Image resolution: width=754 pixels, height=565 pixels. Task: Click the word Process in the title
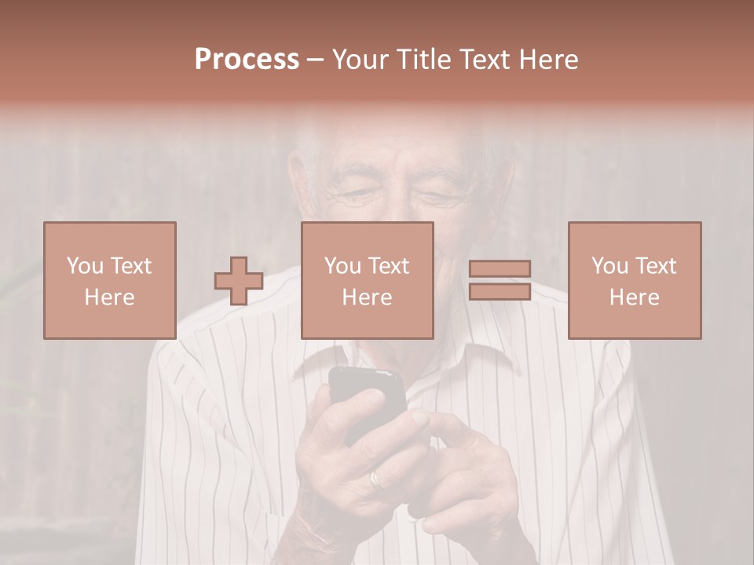pyautogui.click(x=247, y=60)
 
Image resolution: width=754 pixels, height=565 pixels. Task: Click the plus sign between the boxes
pyautogui.click(x=239, y=281)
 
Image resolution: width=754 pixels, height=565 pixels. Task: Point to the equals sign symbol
pyautogui.click(x=500, y=280)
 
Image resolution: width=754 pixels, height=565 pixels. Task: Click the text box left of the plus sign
pyautogui.click(x=110, y=280)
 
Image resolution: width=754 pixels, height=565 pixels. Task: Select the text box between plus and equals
pyautogui.click(x=368, y=280)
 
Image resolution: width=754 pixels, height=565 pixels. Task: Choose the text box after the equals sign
pyautogui.click(x=635, y=280)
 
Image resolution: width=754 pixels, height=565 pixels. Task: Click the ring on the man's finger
pyautogui.click(x=376, y=477)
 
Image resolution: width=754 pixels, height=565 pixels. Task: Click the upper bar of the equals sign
pyautogui.click(x=500, y=268)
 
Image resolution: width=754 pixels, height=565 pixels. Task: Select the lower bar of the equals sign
pyautogui.click(x=500, y=291)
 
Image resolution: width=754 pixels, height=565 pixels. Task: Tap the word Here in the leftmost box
pyautogui.click(x=110, y=297)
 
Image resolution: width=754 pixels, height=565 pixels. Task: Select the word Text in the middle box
pyautogui.click(x=388, y=266)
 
